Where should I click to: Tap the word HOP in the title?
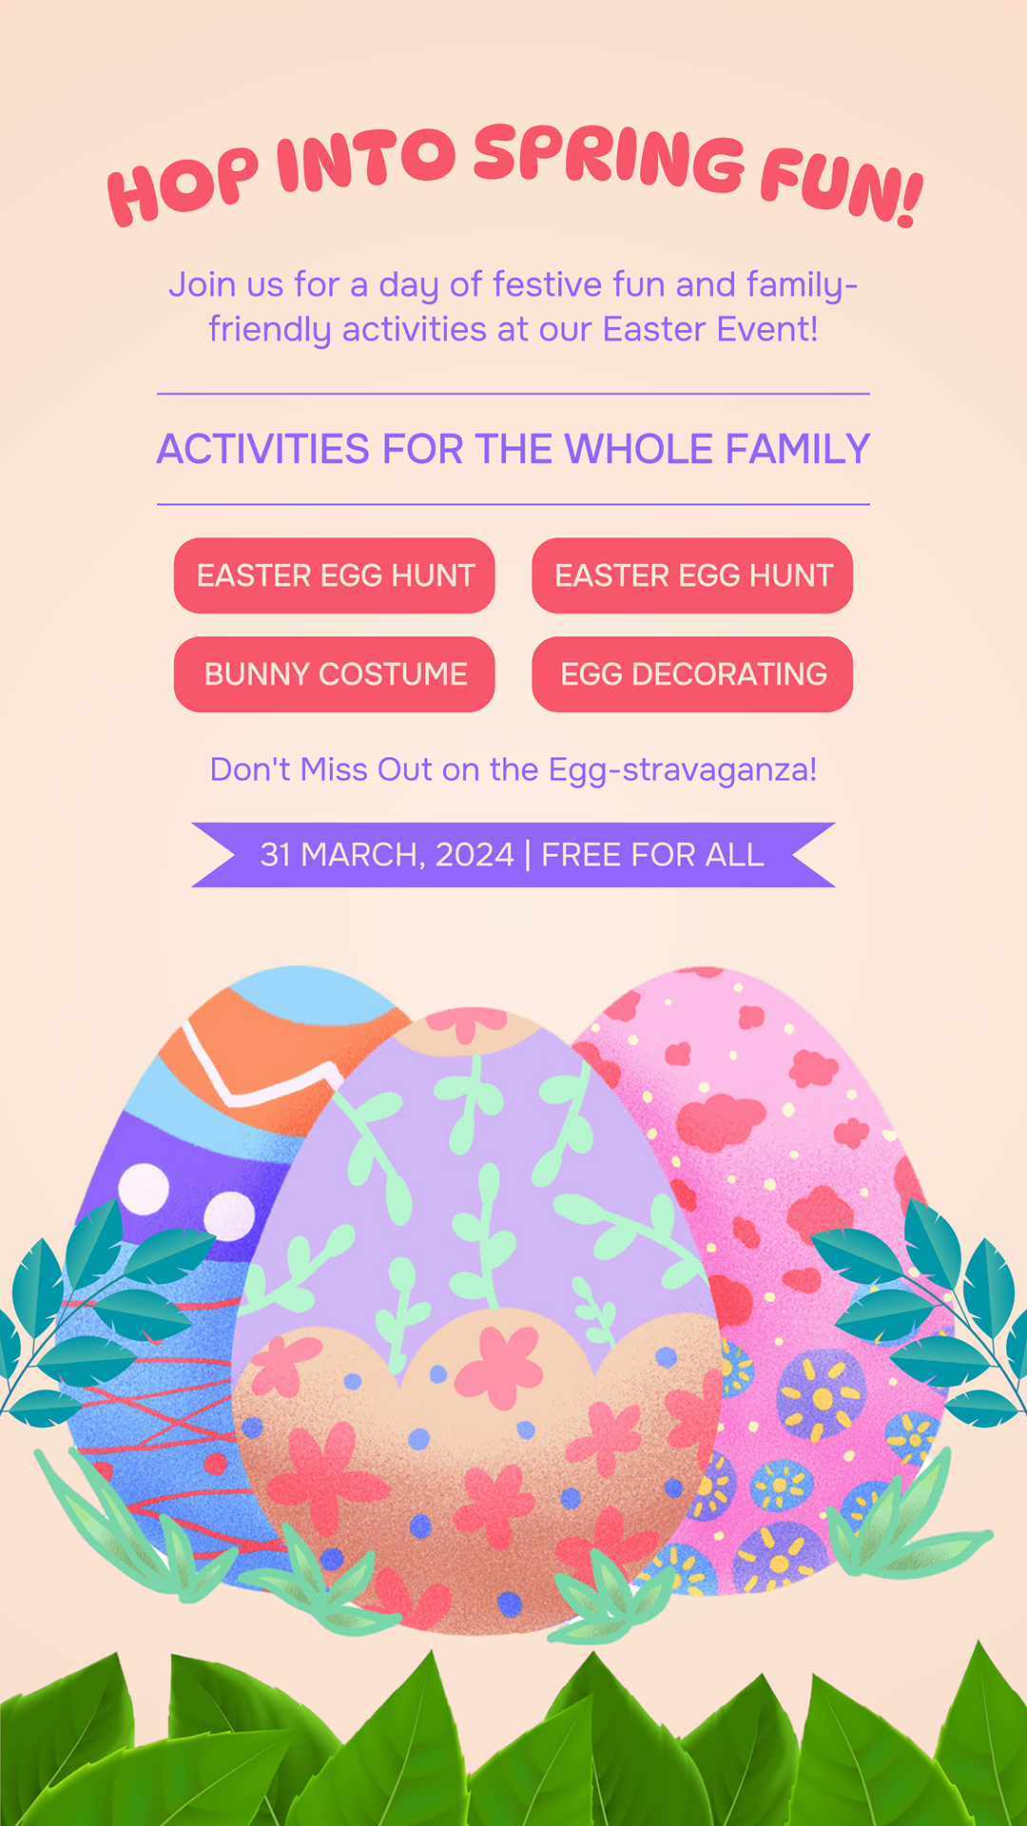coord(183,185)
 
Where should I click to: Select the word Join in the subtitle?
coord(203,284)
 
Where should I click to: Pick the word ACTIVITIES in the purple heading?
coord(263,449)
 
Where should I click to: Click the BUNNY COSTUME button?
coord(335,674)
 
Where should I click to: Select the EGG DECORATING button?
coord(692,674)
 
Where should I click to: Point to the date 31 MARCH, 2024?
coord(387,855)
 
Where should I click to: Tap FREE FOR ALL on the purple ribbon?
coord(652,855)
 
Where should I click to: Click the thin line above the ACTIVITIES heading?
coord(513,394)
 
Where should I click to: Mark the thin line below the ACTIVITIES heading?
coord(513,504)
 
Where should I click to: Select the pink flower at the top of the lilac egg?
coord(466,1023)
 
